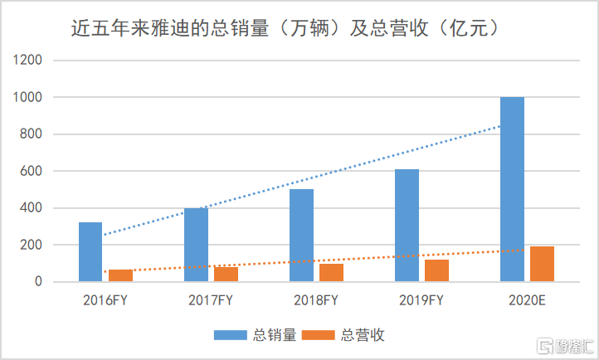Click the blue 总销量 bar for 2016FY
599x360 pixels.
tap(90, 252)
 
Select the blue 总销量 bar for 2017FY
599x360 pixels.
tap(196, 245)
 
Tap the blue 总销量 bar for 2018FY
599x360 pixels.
tap(301, 236)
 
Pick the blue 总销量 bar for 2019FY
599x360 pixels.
tap(407, 226)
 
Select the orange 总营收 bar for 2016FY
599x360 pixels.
tap(121, 275)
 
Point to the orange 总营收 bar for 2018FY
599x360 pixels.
tap(332, 273)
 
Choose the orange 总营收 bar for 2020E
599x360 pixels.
tap(543, 264)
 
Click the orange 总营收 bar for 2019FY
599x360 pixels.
tap(437, 271)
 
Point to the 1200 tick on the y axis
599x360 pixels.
tap(27, 61)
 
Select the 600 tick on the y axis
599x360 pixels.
tap(31, 171)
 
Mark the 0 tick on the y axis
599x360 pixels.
tap(38, 282)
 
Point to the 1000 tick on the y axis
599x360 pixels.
tap(27, 97)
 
